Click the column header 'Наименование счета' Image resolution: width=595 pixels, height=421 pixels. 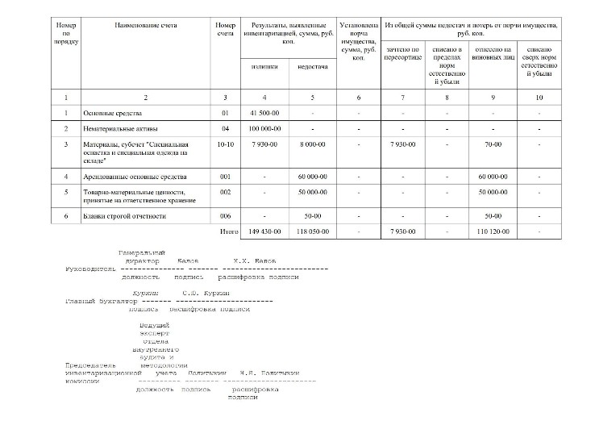click(145, 26)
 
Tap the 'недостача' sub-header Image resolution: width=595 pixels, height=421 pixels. click(312, 66)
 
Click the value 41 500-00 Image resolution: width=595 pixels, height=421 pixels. click(264, 112)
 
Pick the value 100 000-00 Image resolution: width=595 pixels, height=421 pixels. click(264, 128)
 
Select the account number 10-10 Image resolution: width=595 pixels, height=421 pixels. click(225, 144)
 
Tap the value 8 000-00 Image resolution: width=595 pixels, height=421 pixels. click(312, 144)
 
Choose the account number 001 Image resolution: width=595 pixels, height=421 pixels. click(225, 176)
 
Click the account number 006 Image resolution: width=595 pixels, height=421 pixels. click(225, 216)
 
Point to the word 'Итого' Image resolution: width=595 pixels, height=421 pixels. click(229, 231)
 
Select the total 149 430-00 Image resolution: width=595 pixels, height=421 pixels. click(264, 231)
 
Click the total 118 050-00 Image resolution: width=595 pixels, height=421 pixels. click(312, 231)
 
